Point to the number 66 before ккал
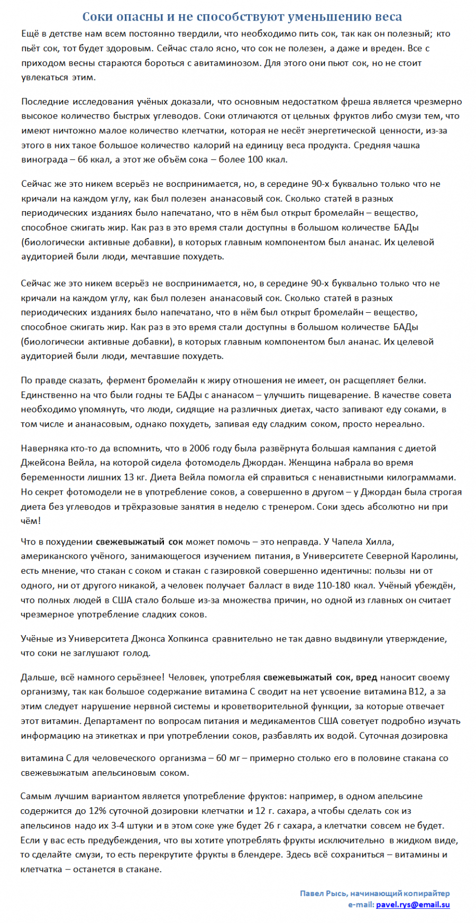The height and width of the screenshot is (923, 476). coord(83,159)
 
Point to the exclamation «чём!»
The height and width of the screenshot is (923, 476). coord(31,521)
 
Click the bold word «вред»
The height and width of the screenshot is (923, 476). coord(366,677)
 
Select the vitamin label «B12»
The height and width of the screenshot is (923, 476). coord(415,692)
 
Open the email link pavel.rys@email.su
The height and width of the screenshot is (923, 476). coord(413,904)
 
